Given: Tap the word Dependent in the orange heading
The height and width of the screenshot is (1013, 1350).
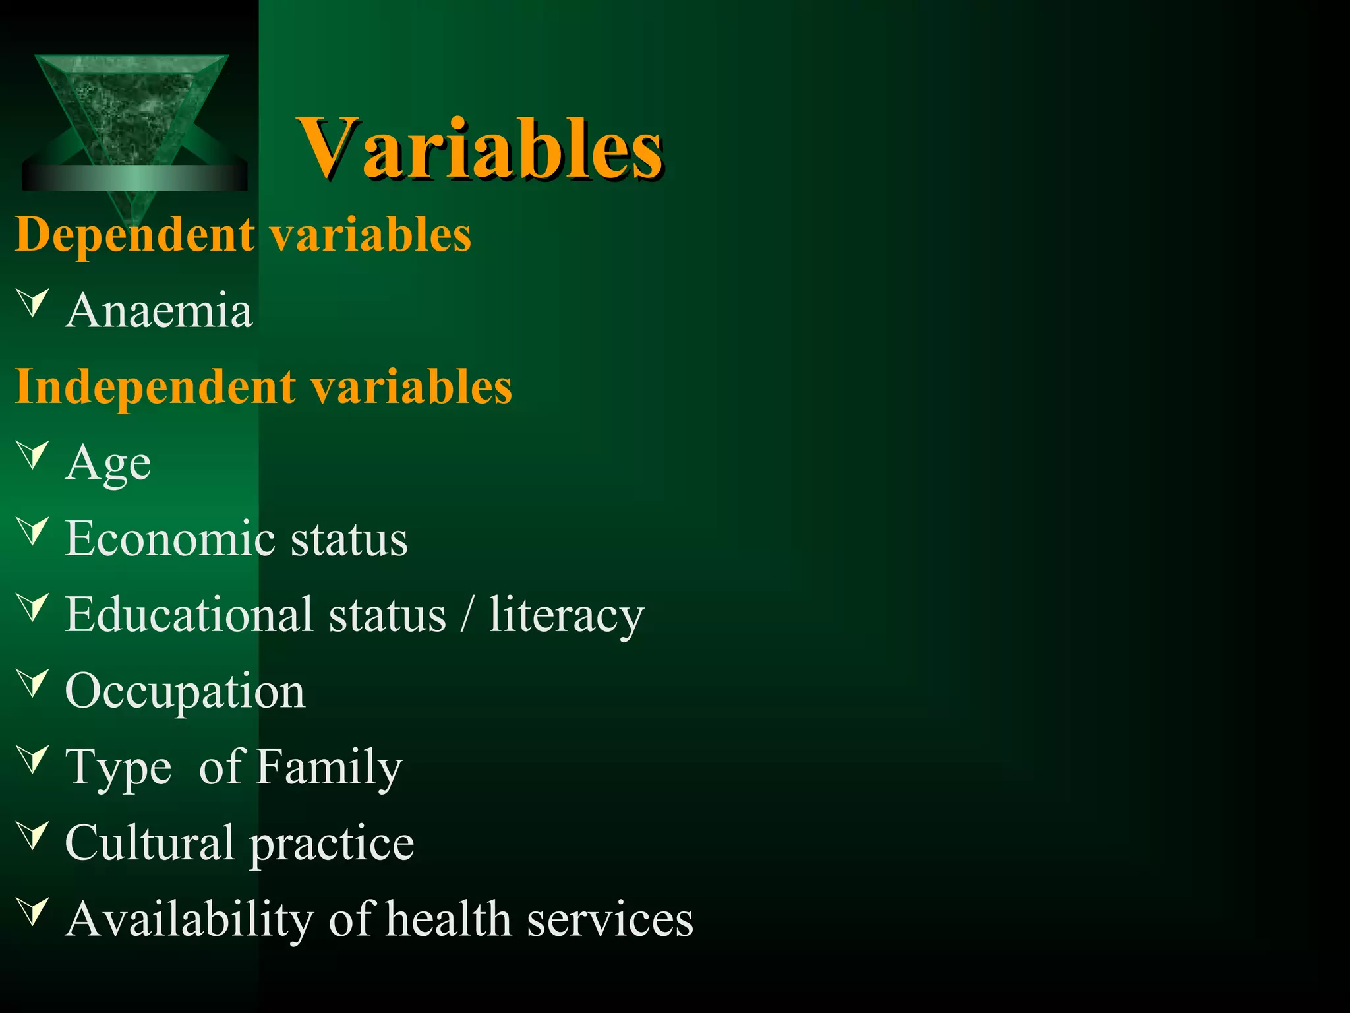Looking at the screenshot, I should click(x=134, y=235).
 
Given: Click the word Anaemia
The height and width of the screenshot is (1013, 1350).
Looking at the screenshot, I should click(x=159, y=310).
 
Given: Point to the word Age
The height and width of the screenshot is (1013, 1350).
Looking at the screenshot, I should click(x=108, y=464).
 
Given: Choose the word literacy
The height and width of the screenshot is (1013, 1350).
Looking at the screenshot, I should click(x=566, y=615).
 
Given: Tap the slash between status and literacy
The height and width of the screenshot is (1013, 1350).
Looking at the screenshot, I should click(x=467, y=615).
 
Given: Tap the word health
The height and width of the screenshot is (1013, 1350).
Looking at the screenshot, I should click(x=448, y=919).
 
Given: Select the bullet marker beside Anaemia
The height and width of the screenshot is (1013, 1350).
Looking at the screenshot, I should click(x=34, y=303).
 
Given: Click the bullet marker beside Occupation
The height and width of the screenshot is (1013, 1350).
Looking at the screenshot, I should click(x=34, y=683).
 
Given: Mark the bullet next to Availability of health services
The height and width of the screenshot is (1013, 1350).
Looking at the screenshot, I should click(x=34, y=911).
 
